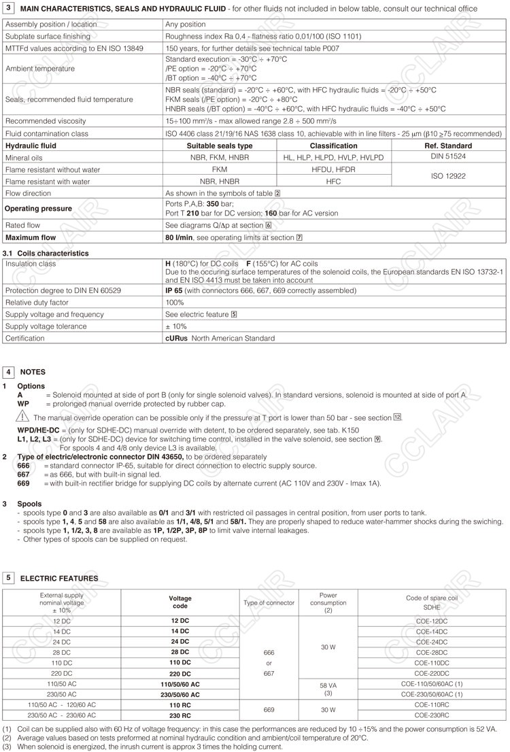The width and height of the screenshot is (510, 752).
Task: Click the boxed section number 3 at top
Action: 9,7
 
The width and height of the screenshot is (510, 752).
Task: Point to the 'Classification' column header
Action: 333,146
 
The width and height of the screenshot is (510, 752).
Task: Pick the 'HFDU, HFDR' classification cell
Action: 333,169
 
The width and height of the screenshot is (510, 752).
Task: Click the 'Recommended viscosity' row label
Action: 46,121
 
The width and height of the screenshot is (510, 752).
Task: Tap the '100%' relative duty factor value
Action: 175,303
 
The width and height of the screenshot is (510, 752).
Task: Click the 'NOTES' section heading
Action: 33,373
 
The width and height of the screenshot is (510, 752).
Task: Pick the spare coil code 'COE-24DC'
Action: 432,642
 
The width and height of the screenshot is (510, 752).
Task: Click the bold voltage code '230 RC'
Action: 180,715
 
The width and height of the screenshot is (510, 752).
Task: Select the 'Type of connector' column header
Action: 269,602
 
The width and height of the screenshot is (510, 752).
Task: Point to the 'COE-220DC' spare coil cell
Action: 432,673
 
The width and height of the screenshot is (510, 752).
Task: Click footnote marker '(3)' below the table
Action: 7,747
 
